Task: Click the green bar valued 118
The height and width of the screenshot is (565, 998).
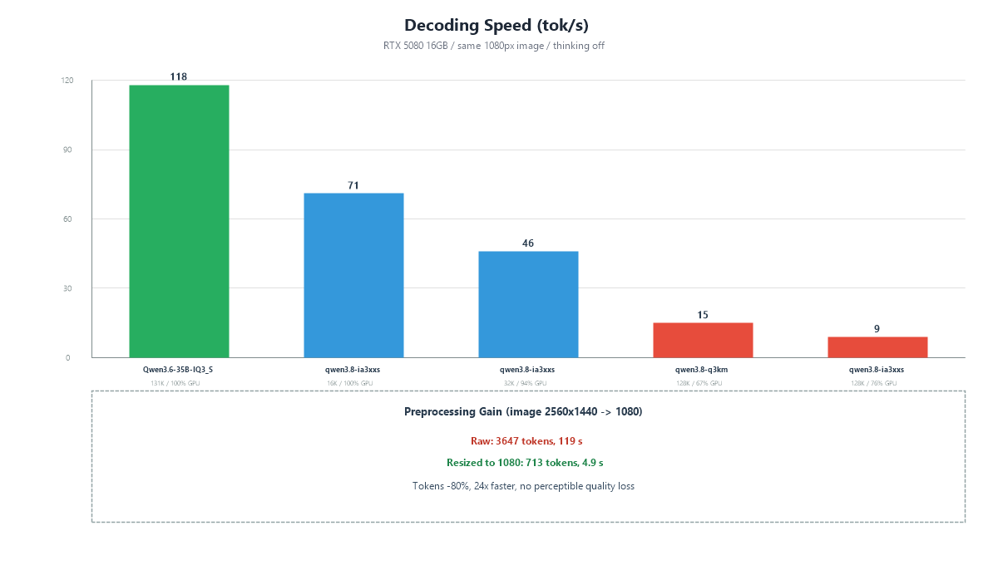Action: click(x=179, y=221)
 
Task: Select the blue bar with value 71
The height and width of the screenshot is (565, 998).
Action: click(x=353, y=275)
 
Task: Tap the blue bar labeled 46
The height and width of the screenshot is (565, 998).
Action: click(x=528, y=305)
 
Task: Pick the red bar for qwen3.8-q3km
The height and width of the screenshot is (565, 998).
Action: click(x=703, y=340)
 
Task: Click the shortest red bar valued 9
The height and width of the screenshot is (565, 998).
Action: click(x=877, y=347)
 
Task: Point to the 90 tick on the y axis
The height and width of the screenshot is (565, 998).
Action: click(x=67, y=150)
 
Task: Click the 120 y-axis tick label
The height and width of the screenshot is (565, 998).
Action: click(x=67, y=81)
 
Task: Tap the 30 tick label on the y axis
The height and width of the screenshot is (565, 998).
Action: click(x=67, y=288)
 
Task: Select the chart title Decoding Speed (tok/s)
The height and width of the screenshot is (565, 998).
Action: click(x=497, y=26)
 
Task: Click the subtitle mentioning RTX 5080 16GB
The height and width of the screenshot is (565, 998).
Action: click(x=494, y=46)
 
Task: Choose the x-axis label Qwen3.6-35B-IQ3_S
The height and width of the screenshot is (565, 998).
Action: click(x=178, y=370)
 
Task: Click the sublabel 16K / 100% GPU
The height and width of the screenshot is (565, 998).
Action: click(x=350, y=383)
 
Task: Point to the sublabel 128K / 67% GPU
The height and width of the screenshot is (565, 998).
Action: click(x=699, y=383)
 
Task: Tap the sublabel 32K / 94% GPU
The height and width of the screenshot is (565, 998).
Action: click(x=525, y=383)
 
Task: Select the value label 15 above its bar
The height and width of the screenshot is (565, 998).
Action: click(x=703, y=315)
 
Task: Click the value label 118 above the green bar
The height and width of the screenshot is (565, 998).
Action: click(x=178, y=77)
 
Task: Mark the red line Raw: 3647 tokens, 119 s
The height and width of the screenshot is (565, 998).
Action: click(x=526, y=441)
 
